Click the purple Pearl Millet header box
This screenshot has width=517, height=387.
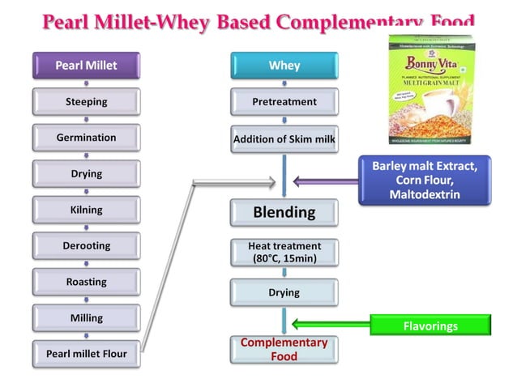tap(86, 66)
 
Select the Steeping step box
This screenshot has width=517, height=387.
tap(86, 102)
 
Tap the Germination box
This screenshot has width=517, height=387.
tap(86, 138)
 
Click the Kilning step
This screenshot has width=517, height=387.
tap(86, 210)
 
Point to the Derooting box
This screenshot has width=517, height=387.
tap(86, 245)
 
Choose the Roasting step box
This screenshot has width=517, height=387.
tap(86, 282)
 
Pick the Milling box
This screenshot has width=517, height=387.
tap(86, 317)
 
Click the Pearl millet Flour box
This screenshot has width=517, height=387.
tap(86, 353)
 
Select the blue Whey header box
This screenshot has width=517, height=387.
tap(284, 66)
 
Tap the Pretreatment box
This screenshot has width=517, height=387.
tap(284, 102)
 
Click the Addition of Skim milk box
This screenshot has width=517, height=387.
tap(284, 139)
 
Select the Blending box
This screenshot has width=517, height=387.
tap(284, 212)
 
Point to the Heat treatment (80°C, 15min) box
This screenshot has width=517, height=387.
tap(284, 252)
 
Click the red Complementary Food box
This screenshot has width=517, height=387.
tap(284, 349)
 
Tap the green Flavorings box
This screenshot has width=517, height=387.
tap(430, 326)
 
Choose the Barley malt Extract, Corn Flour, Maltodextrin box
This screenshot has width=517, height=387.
tap(425, 180)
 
